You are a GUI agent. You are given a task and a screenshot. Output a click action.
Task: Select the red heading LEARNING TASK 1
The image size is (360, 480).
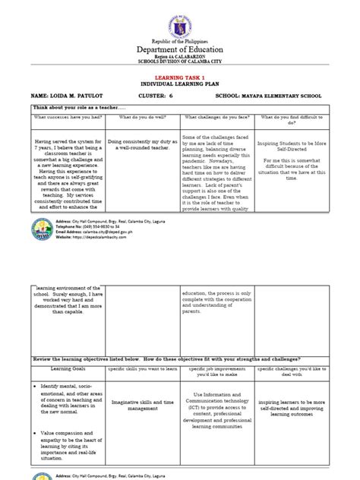coord(180,77)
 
